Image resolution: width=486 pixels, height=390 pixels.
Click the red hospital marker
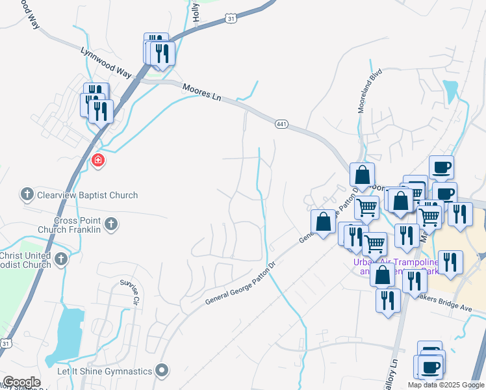[x=98, y=160]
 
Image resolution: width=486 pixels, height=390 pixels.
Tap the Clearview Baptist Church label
[x=88, y=195]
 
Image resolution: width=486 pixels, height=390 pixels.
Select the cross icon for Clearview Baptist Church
[x=27, y=194]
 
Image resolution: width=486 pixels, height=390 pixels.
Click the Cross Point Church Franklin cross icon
[x=111, y=224]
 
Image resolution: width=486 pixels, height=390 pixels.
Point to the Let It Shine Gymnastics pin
[x=162, y=371]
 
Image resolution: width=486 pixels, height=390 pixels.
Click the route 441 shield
[x=281, y=123]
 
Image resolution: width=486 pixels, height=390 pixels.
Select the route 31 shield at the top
[x=231, y=19]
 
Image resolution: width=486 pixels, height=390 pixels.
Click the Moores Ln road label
[x=202, y=92]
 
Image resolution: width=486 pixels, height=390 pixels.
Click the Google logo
[x=21, y=383]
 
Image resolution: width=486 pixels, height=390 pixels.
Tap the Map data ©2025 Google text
[x=445, y=385]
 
